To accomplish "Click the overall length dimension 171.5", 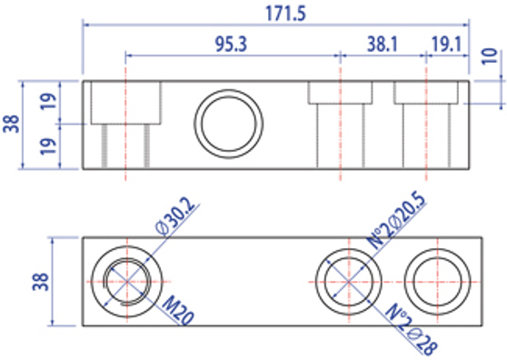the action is coord(285,14).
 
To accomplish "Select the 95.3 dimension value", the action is coord(231,45).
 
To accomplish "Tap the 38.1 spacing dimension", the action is coord(383,45).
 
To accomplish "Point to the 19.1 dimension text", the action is coord(446,45).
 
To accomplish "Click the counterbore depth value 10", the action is coord(490,56).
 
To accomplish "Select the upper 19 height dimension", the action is coord(48,101).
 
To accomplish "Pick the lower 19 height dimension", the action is coord(48,146).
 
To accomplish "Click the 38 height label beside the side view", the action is coord(11,124).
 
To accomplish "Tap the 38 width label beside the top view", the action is coord(41,282).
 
